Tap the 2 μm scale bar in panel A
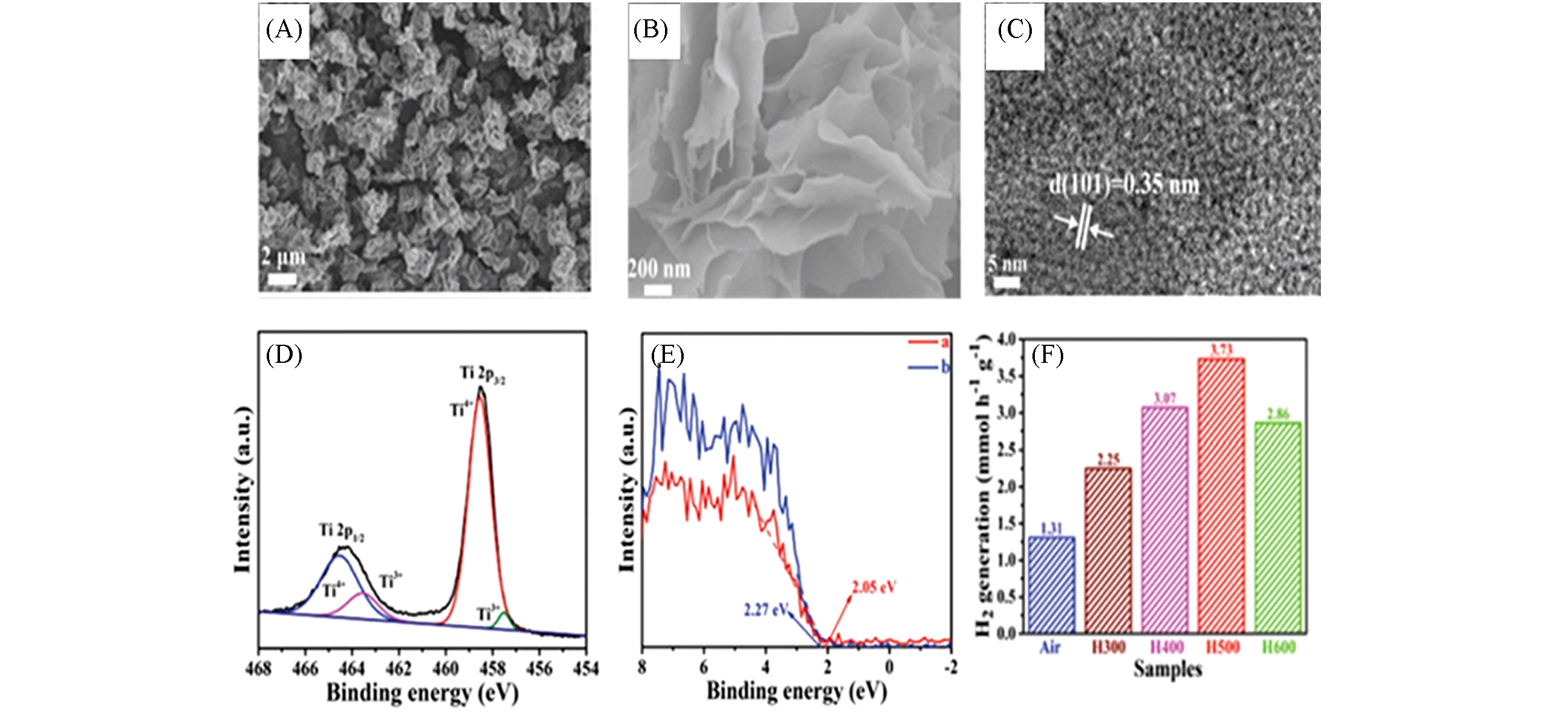282,280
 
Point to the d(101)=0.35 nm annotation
1124,185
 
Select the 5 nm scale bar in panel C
1006,282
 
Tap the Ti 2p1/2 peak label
342,532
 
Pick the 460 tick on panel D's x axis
445,668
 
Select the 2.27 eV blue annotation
765,610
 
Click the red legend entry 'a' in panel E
929,342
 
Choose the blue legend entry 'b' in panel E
929,366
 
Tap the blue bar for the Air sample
1051,584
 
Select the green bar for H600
1277,527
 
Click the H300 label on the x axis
1108,647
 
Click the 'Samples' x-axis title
1167,670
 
